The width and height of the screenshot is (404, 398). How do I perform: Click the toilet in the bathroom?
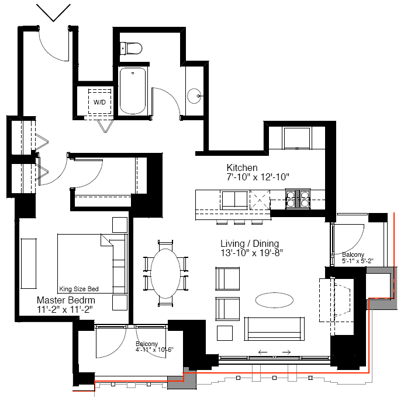[x=131, y=48]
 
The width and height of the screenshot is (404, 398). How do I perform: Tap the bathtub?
[x=133, y=91]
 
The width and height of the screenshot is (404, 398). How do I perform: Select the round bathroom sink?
[x=194, y=96]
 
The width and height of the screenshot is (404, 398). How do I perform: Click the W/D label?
[x=99, y=102]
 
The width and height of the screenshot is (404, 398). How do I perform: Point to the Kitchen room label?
[x=242, y=167]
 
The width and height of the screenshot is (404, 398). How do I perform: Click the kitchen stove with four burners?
[x=298, y=199]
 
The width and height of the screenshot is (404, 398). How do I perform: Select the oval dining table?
[x=165, y=274]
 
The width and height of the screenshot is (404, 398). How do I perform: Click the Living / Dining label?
[x=250, y=243]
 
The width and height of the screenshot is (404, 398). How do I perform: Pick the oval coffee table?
[x=274, y=300]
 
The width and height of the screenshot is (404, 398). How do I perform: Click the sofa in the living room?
[x=274, y=329]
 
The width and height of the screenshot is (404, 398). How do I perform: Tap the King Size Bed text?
[x=79, y=289]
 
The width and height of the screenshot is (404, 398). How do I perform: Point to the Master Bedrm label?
[x=65, y=300]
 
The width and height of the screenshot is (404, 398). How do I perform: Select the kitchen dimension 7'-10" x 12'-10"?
[x=258, y=177]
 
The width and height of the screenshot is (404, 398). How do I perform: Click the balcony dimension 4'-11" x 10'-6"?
[x=154, y=350]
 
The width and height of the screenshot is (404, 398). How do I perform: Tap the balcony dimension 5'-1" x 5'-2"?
[x=358, y=261]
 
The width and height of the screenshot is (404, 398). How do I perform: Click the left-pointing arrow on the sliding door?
[x=263, y=352]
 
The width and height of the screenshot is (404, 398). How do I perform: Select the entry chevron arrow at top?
[x=53, y=13]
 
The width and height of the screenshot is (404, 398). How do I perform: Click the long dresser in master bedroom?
[x=29, y=264]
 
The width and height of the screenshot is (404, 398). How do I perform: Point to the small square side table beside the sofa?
[x=225, y=333]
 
